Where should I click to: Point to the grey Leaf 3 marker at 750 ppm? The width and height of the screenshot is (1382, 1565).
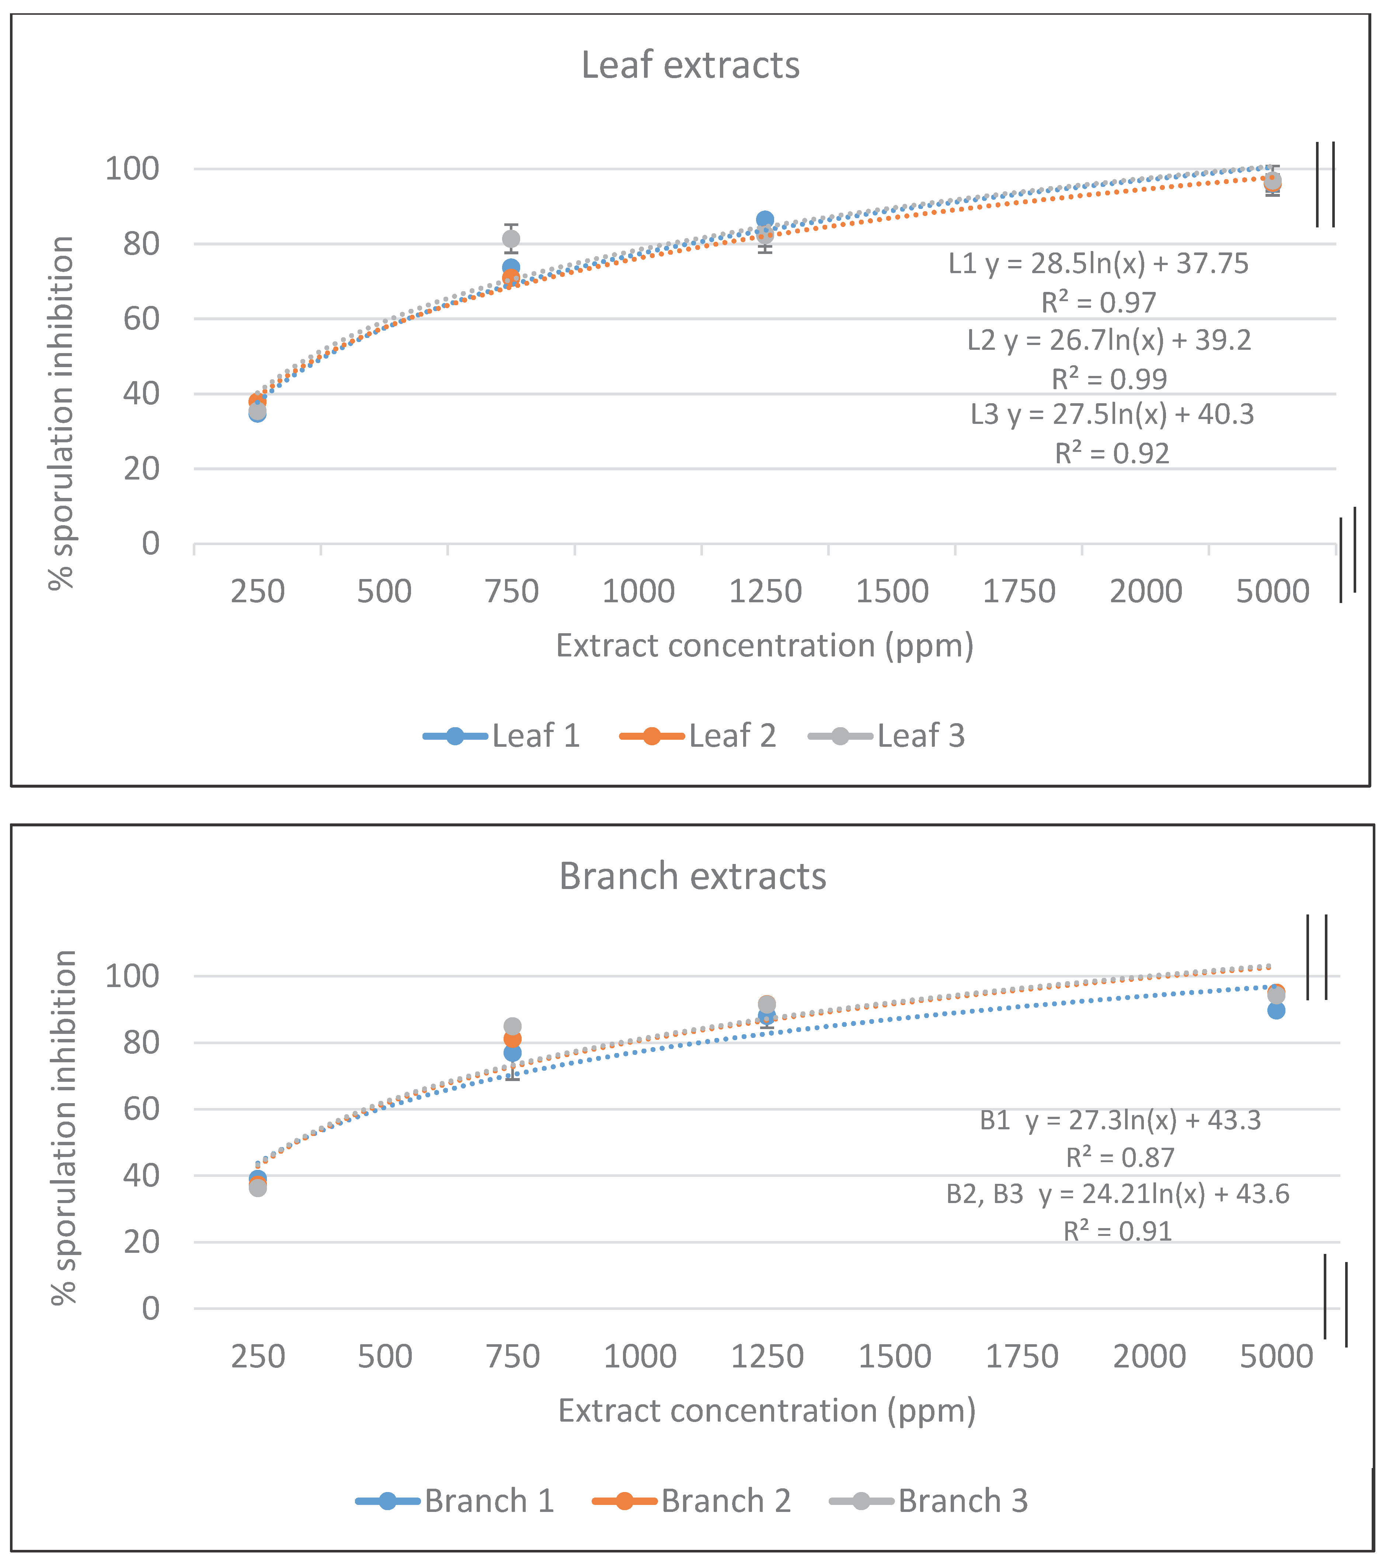click(x=511, y=239)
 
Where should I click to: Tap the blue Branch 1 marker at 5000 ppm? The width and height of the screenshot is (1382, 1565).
click(x=1275, y=1011)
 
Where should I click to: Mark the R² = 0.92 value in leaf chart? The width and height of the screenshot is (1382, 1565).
click(x=1112, y=453)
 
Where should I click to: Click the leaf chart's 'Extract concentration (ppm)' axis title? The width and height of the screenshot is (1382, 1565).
click(x=764, y=645)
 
